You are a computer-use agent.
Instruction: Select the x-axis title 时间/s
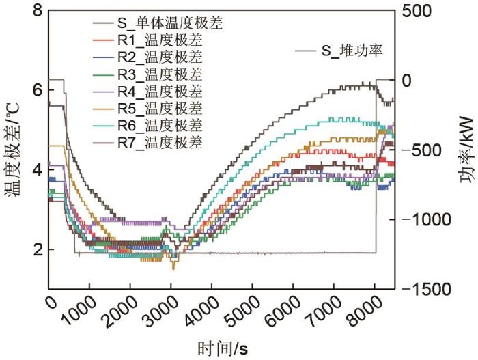click(223, 347)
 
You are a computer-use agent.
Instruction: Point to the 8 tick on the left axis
click(36, 11)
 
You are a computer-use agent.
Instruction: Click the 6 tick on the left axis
click(36, 90)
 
